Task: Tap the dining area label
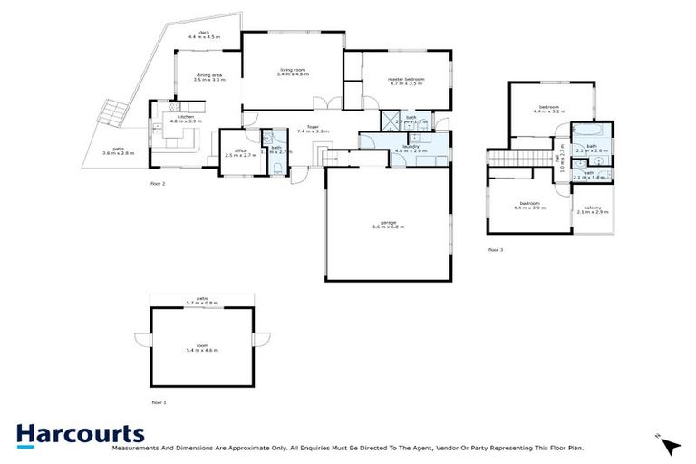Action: click(209, 78)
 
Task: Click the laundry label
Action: click(403, 148)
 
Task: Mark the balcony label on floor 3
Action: click(593, 209)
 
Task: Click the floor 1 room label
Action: click(202, 347)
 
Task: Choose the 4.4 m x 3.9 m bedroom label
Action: click(530, 206)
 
